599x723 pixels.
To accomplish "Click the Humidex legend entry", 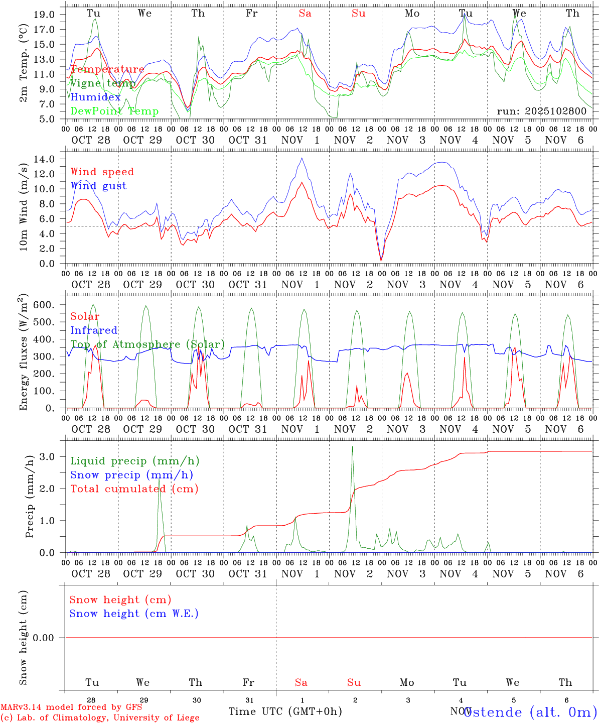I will (95, 97).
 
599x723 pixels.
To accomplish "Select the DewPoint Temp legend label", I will (114, 111).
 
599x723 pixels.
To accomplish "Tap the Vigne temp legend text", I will (102, 83).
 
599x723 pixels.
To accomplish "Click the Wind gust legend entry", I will (98, 186).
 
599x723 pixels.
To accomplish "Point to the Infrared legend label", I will (94, 330).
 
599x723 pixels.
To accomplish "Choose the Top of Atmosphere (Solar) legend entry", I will (147, 344).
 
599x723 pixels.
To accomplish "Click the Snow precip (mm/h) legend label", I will (131, 475).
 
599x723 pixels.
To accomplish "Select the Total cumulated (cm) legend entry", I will (134, 489).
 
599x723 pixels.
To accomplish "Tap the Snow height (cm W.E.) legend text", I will (133, 614).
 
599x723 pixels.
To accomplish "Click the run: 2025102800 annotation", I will (541, 111).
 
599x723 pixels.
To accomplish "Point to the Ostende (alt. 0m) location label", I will (530, 711).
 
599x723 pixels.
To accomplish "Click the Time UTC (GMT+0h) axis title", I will (285, 711).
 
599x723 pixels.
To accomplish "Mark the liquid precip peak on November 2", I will (352, 446).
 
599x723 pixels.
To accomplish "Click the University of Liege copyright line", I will (100, 717).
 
